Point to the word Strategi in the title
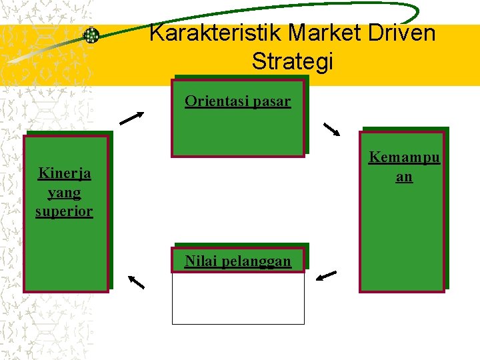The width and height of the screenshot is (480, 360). pyautogui.click(x=292, y=61)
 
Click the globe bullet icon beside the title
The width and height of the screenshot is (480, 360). pyautogui.click(x=91, y=35)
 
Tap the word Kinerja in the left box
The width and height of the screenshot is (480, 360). pyautogui.click(x=65, y=173)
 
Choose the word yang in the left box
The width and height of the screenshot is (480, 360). pyautogui.click(x=65, y=193)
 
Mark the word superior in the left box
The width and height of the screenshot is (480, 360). pyautogui.click(x=65, y=212)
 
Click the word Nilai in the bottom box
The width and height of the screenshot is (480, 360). pyautogui.click(x=199, y=261)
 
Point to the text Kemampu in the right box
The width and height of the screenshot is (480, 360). pyautogui.click(x=404, y=158)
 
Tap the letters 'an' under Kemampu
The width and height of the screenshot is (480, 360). pyautogui.click(x=404, y=177)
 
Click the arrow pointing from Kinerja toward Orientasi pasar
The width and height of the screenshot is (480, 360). pyautogui.click(x=132, y=118)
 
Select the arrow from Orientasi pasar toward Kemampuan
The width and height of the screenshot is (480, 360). pyautogui.click(x=332, y=129)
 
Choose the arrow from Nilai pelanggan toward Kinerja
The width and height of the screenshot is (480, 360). pyautogui.click(x=136, y=281)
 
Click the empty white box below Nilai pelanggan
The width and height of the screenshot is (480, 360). pyautogui.click(x=238, y=299)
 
